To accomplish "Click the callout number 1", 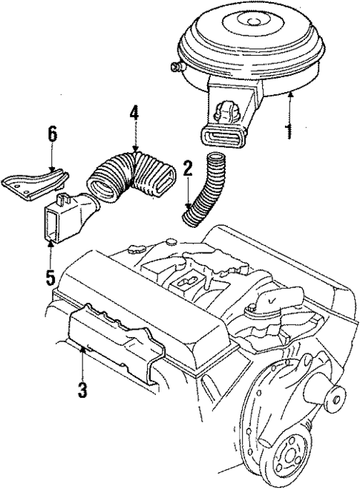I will [x=289, y=132].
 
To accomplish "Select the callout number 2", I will [x=188, y=169].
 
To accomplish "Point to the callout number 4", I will [x=135, y=116].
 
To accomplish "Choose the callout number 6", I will [x=50, y=135].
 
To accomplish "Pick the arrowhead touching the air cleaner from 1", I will [x=289, y=95].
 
